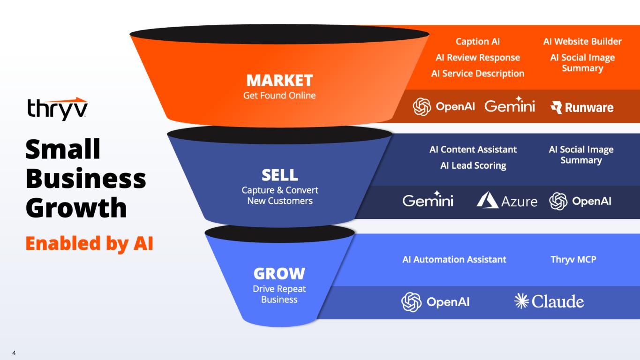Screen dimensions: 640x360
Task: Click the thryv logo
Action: pyautogui.click(x=57, y=109)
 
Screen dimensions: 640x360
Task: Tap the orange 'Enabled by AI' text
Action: pyautogui.click(x=90, y=243)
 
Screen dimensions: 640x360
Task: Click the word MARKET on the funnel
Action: pyautogui.click(x=279, y=80)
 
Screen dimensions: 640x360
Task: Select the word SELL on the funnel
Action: pyautogui.click(x=280, y=175)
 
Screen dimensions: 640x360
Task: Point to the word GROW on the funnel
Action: pyautogui.click(x=279, y=273)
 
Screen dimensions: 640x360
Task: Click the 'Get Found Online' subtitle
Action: pyautogui.click(x=279, y=96)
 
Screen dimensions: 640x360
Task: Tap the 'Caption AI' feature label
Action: pyautogui.click(x=478, y=41)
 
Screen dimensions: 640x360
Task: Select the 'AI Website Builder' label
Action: pyautogui.click(x=582, y=41)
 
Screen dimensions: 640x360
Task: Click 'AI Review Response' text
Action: pyautogui.click(x=478, y=58)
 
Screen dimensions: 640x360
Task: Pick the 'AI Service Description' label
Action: pyautogui.click(x=478, y=74)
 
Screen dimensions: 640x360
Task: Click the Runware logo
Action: pyautogui.click(x=582, y=107)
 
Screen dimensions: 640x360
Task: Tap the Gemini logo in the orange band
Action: pyautogui.click(x=510, y=105)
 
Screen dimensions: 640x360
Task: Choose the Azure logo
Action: pyautogui.click(x=507, y=200)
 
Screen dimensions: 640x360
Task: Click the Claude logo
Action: pyautogui.click(x=549, y=301)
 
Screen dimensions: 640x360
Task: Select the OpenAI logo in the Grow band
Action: pyautogui.click(x=435, y=302)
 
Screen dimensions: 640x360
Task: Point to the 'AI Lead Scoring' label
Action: pyautogui.click(x=473, y=165)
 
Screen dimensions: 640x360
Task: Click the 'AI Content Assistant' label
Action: pyautogui.click(x=473, y=150)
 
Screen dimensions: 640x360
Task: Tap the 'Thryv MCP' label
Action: pyautogui.click(x=573, y=259)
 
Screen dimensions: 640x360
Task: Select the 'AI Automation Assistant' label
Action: pyautogui.click(x=454, y=259)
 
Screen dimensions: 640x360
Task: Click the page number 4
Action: pyautogui.click(x=14, y=353)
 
